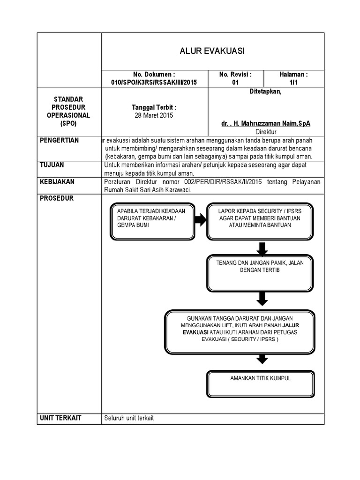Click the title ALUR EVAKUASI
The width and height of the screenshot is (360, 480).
(x=212, y=51)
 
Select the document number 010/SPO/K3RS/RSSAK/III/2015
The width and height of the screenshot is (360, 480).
(x=154, y=82)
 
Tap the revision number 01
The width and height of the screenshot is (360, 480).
(x=235, y=82)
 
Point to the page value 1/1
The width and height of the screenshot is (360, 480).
(x=293, y=82)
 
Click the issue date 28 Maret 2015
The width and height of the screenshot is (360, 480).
(x=154, y=115)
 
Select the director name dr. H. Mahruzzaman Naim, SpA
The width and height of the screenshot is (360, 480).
(x=265, y=123)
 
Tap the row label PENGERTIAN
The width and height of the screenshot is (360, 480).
(x=60, y=141)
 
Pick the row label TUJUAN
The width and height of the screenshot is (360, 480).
(x=52, y=165)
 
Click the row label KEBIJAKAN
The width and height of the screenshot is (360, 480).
(x=57, y=181)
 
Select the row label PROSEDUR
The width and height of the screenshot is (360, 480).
(x=56, y=198)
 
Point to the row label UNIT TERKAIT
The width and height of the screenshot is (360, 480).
(x=61, y=418)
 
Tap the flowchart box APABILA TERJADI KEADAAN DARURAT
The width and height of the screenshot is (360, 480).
(x=151, y=220)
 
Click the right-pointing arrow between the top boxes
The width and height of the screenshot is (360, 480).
(x=200, y=220)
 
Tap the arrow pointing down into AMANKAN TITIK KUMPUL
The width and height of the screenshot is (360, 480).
(x=262, y=359)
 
